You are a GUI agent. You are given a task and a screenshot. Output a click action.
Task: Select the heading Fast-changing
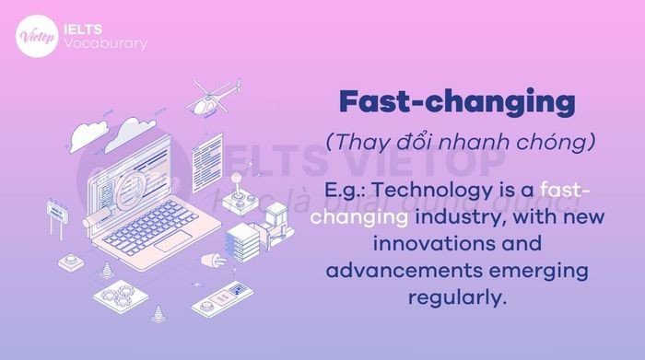455,102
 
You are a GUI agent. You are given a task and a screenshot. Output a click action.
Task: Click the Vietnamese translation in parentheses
455,144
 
